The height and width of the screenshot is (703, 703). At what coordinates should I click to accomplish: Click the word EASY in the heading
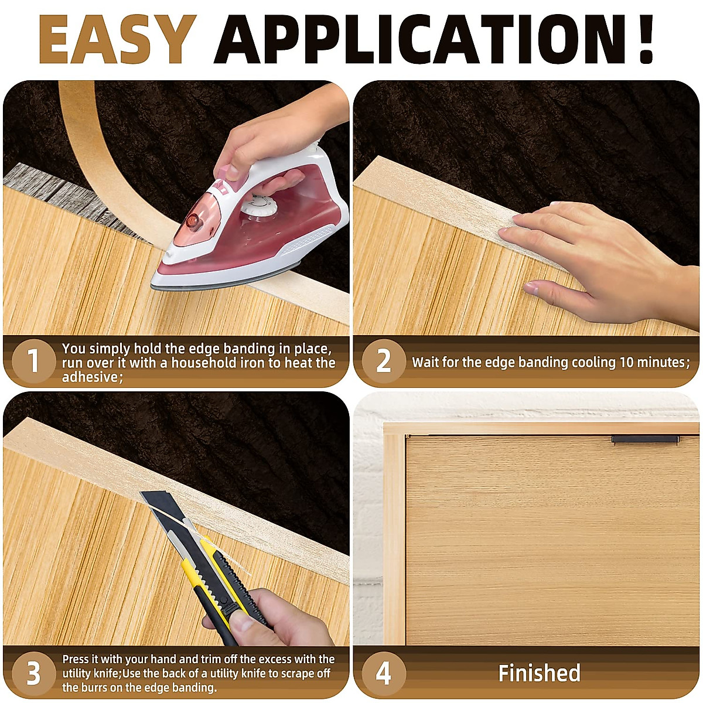[x=117, y=40]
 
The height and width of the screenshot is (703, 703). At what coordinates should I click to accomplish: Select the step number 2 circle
[x=383, y=361]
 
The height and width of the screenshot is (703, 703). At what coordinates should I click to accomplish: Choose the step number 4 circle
[x=383, y=673]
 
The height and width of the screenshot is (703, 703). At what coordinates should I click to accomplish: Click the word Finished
[x=539, y=673]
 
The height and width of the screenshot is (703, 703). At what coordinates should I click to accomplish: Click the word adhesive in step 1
[x=91, y=377]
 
